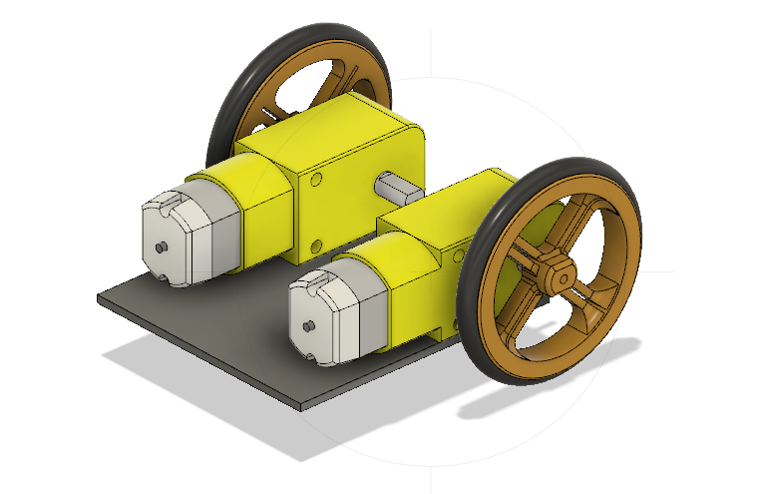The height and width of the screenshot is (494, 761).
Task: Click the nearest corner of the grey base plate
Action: [307, 407]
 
